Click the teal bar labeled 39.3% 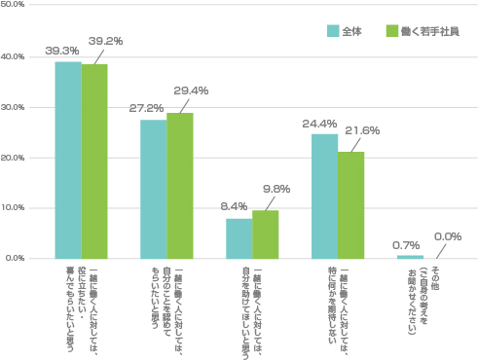tap(68, 161)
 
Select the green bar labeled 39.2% tap(94, 162)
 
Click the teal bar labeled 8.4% tap(239, 238)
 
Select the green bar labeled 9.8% tap(266, 234)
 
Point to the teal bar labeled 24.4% tap(324, 197)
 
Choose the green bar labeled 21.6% tap(351, 204)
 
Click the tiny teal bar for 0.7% tap(410, 257)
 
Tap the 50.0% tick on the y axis tap(14, 6)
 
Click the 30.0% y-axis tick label tap(14, 107)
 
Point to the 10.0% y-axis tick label tap(14, 208)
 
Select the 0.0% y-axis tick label tap(16, 259)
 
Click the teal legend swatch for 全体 tap(332, 31)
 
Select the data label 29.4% tap(190, 90)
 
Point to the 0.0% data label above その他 tap(448, 235)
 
